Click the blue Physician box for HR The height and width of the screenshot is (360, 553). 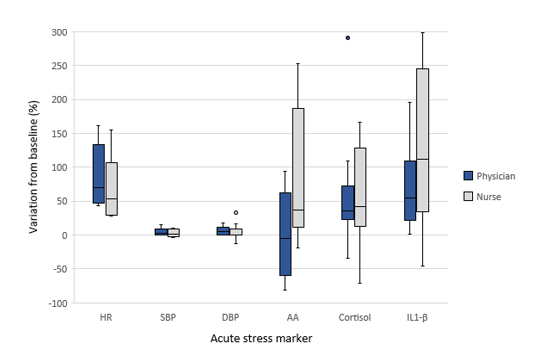click(x=98, y=174)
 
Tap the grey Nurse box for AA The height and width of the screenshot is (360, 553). click(x=298, y=167)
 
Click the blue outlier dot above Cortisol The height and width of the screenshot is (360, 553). click(x=348, y=37)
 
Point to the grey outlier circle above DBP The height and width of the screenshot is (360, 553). click(x=236, y=212)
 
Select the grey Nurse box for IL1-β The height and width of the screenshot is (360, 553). click(x=422, y=140)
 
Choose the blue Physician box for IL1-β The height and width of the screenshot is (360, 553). click(x=410, y=190)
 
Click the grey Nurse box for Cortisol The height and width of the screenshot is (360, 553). click(x=360, y=187)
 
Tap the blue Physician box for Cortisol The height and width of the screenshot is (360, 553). click(x=348, y=202)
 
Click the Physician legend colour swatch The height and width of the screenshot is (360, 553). click(x=468, y=176)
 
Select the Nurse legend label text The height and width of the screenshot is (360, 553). click(x=489, y=197)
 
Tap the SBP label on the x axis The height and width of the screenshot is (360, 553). click(x=168, y=318)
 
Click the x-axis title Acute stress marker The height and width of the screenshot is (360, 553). click(x=261, y=338)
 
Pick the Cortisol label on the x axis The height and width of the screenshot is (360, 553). click(x=354, y=318)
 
